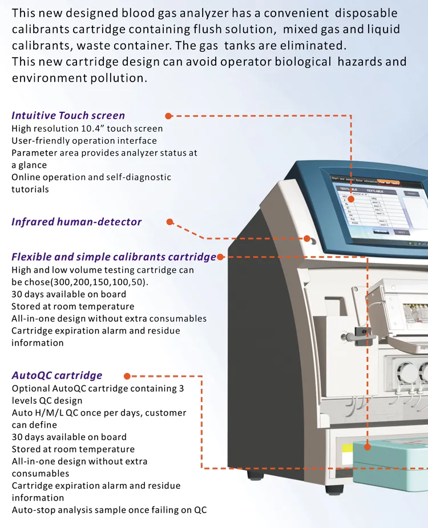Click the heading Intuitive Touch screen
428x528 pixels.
point(68,116)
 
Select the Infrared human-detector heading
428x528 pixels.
point(76,222)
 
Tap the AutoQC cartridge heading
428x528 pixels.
point(57,375)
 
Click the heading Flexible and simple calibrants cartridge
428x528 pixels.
point(114,257)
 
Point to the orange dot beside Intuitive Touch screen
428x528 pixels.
point(168,116)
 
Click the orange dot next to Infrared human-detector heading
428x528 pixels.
point(169,221)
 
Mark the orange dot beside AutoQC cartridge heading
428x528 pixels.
point(127,376)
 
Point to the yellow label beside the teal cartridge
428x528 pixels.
point(346,456)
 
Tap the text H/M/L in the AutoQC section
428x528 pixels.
point(47,413)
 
